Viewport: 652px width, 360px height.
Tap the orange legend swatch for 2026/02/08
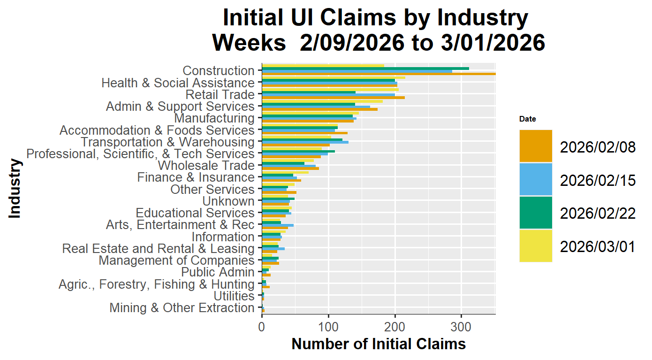pyautogui.click(x=536, y=146)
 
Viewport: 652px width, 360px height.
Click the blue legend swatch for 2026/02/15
pyautogui.click(x=536, y=179)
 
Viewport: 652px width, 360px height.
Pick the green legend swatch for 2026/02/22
pyautogui.click(x=536, y=213)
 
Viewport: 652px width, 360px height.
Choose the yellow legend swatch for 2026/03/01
pyautogui.click(x=536, y=245)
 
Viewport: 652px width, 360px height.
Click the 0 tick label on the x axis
pyautogui.click(x=262, y=324)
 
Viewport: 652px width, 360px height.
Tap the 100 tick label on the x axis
pyautogui.click(x=328, y=324)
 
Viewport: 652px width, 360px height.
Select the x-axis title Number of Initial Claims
pyautogui.click(x=379, y=344)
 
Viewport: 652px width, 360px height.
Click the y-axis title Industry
pyautogui.click(x=15, y=189)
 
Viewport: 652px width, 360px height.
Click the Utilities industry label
pyautogui.click(x=234, y=296)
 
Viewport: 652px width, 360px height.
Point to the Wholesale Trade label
pyautogui.click(x=206, y=166)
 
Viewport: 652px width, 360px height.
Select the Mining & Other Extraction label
pyautogui.click(x=182, y=308)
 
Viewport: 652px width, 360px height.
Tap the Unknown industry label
pyautogui.click(x=228, y=201)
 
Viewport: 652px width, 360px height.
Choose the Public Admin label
pyautogui.click(x=218, y=272)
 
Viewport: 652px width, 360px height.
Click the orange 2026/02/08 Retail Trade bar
pyautogui.click(x=333, y=98)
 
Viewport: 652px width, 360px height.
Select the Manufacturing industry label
pyautogui.click(x=214, y=118)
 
